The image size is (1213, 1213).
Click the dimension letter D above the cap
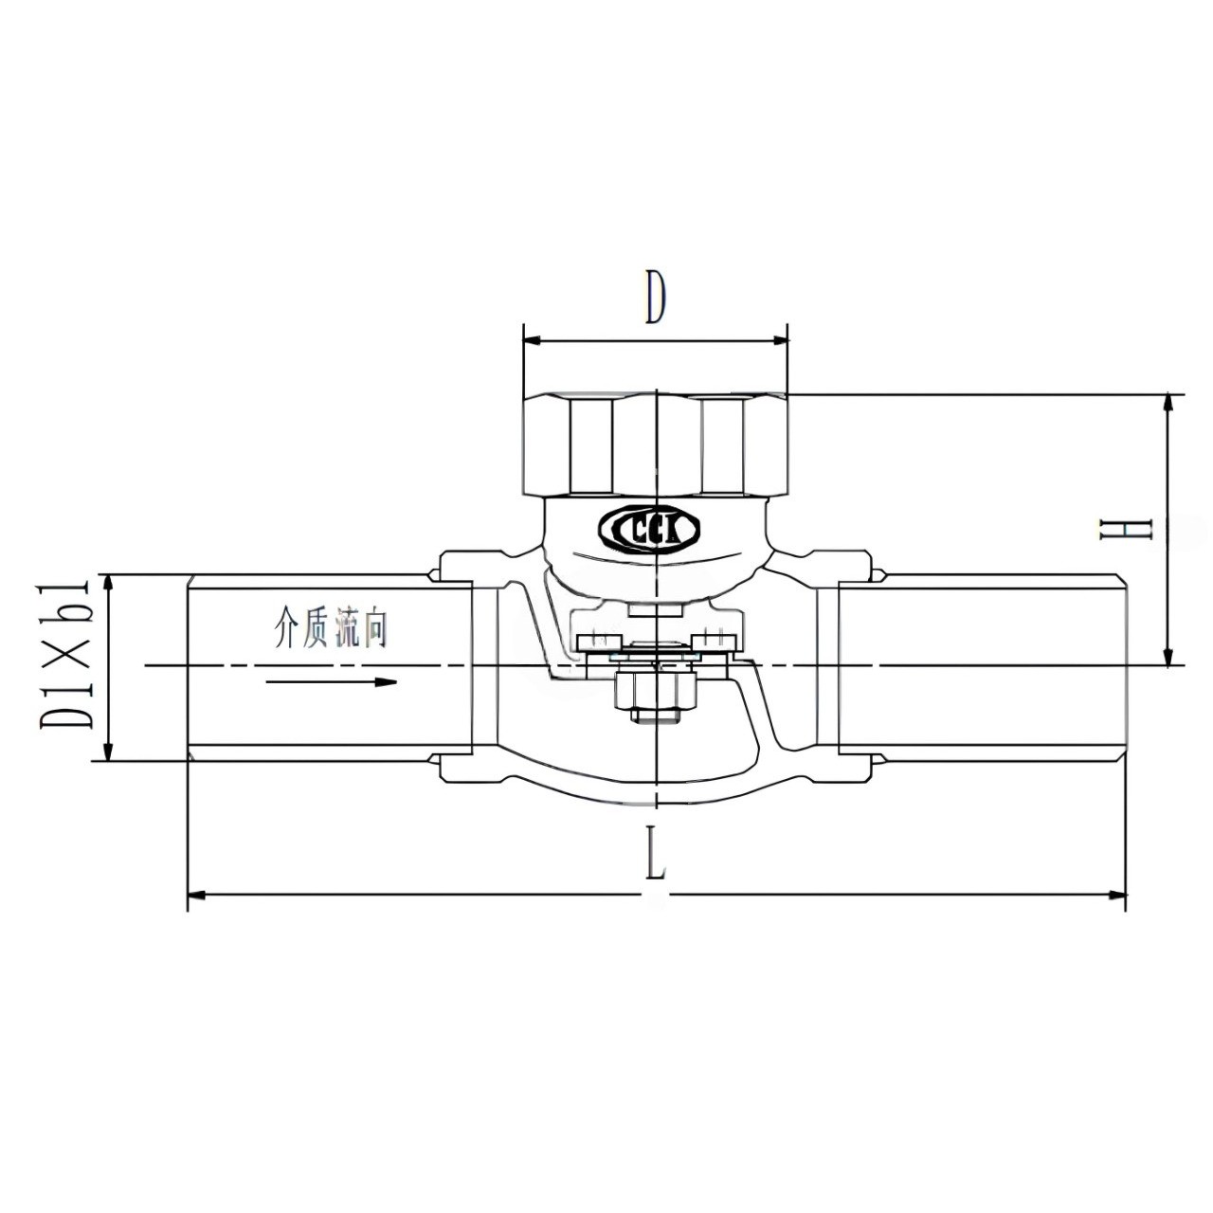pos(654,298)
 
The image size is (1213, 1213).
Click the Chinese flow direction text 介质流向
pos(330,627)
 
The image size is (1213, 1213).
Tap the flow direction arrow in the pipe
pos(331,681)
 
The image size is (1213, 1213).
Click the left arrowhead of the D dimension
pos(532,340)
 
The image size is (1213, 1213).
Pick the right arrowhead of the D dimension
pos(779,340)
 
